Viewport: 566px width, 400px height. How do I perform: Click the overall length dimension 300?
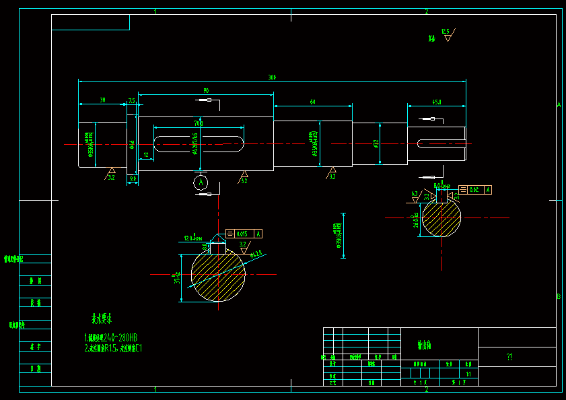(272, 77)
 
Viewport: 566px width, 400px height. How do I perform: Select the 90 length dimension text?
(205, 90)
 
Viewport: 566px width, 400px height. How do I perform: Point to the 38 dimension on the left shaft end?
(102, 100)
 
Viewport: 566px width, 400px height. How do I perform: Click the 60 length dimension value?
(312, 101)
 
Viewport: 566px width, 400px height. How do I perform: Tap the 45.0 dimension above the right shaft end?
(437, 102)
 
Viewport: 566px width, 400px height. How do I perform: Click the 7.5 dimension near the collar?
(131, 100)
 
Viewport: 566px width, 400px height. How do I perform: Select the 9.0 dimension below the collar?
(133, 178)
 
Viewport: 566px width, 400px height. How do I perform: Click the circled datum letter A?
(201, 182)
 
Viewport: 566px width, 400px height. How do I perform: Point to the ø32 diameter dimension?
(376, 143)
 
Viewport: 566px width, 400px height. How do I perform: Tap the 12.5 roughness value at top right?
(445, 31)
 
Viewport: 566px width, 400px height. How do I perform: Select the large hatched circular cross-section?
(218, 274)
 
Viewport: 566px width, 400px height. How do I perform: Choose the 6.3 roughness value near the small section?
(415, 193)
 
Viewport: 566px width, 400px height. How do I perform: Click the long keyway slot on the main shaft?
(199, 143)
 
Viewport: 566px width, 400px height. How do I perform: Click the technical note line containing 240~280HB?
(111, 337)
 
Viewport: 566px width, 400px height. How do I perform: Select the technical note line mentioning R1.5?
(113, 348)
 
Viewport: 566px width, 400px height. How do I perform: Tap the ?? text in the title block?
(509, 358)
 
